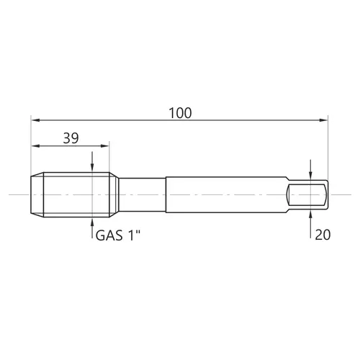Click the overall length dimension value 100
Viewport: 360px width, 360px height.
click(180, 113)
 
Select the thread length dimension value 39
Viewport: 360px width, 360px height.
click(71, 138)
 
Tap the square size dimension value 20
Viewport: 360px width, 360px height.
click(323, 235)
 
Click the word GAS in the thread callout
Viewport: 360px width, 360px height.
click(109, 235)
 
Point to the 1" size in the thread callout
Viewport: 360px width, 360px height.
click(134, 235)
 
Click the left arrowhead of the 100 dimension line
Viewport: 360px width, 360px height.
click(35, 120)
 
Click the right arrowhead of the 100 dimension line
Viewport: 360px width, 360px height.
click(323, 120)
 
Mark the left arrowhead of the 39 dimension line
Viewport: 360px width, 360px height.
click(35, 145)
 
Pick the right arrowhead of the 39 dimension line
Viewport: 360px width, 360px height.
click(105, 145)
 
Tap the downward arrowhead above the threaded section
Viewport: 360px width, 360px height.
click(92, 168)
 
